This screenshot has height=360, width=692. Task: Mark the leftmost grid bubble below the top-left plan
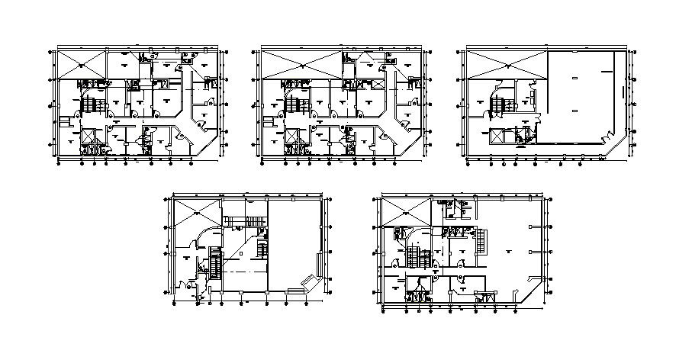(60, 162)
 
